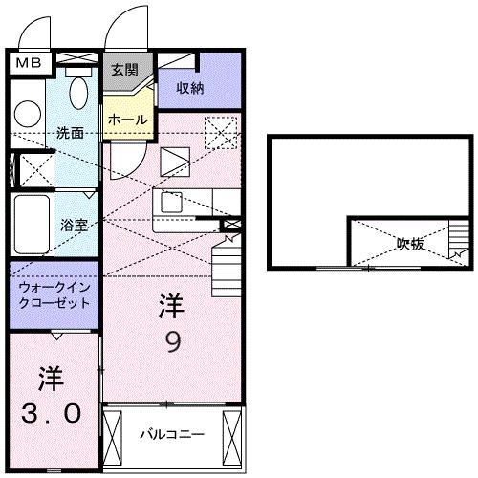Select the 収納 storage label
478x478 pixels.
tap(191, 88)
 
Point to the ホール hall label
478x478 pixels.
tap(127, 119)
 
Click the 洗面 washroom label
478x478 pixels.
tap(69, 132)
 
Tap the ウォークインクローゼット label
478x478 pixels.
tap(54, 294)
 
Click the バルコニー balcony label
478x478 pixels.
tap(172, 433)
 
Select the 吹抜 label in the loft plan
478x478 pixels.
tap(411, 244)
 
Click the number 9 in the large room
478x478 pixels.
tap(172, 342)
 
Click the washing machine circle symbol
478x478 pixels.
tap(28, 113)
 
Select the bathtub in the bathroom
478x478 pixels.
tap(29, 226)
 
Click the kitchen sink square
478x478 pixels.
tap(172, 203)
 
